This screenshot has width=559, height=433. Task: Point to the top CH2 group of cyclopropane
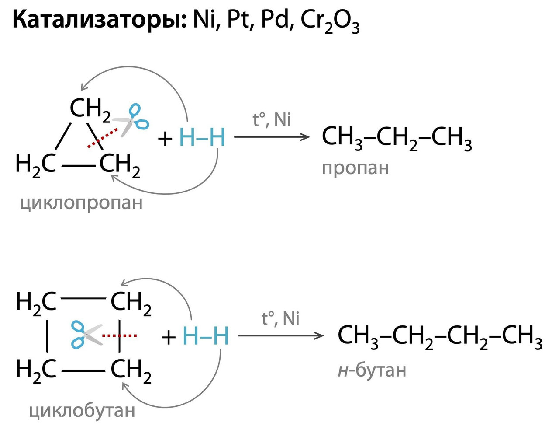click(90, 108)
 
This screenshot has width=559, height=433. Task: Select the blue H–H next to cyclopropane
click(202, 138)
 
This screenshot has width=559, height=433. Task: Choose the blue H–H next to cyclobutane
click(206, 336)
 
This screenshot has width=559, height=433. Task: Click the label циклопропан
click(81, 203)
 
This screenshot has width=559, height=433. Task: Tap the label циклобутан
click(82, 411)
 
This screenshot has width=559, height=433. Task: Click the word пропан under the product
click(355, 168)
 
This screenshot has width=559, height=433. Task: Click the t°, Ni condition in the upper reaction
click(272, 120)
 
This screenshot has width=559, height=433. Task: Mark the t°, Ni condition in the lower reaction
click(280, 318)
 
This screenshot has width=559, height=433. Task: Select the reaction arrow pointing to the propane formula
click(272, 137)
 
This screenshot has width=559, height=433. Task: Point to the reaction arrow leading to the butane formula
click(280, 336)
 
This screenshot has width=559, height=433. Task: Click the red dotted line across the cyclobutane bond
click(119, 336)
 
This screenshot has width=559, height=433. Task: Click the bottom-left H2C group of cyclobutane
click(36, 370)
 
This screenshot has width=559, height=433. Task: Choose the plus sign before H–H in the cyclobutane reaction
click(169, 338)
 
